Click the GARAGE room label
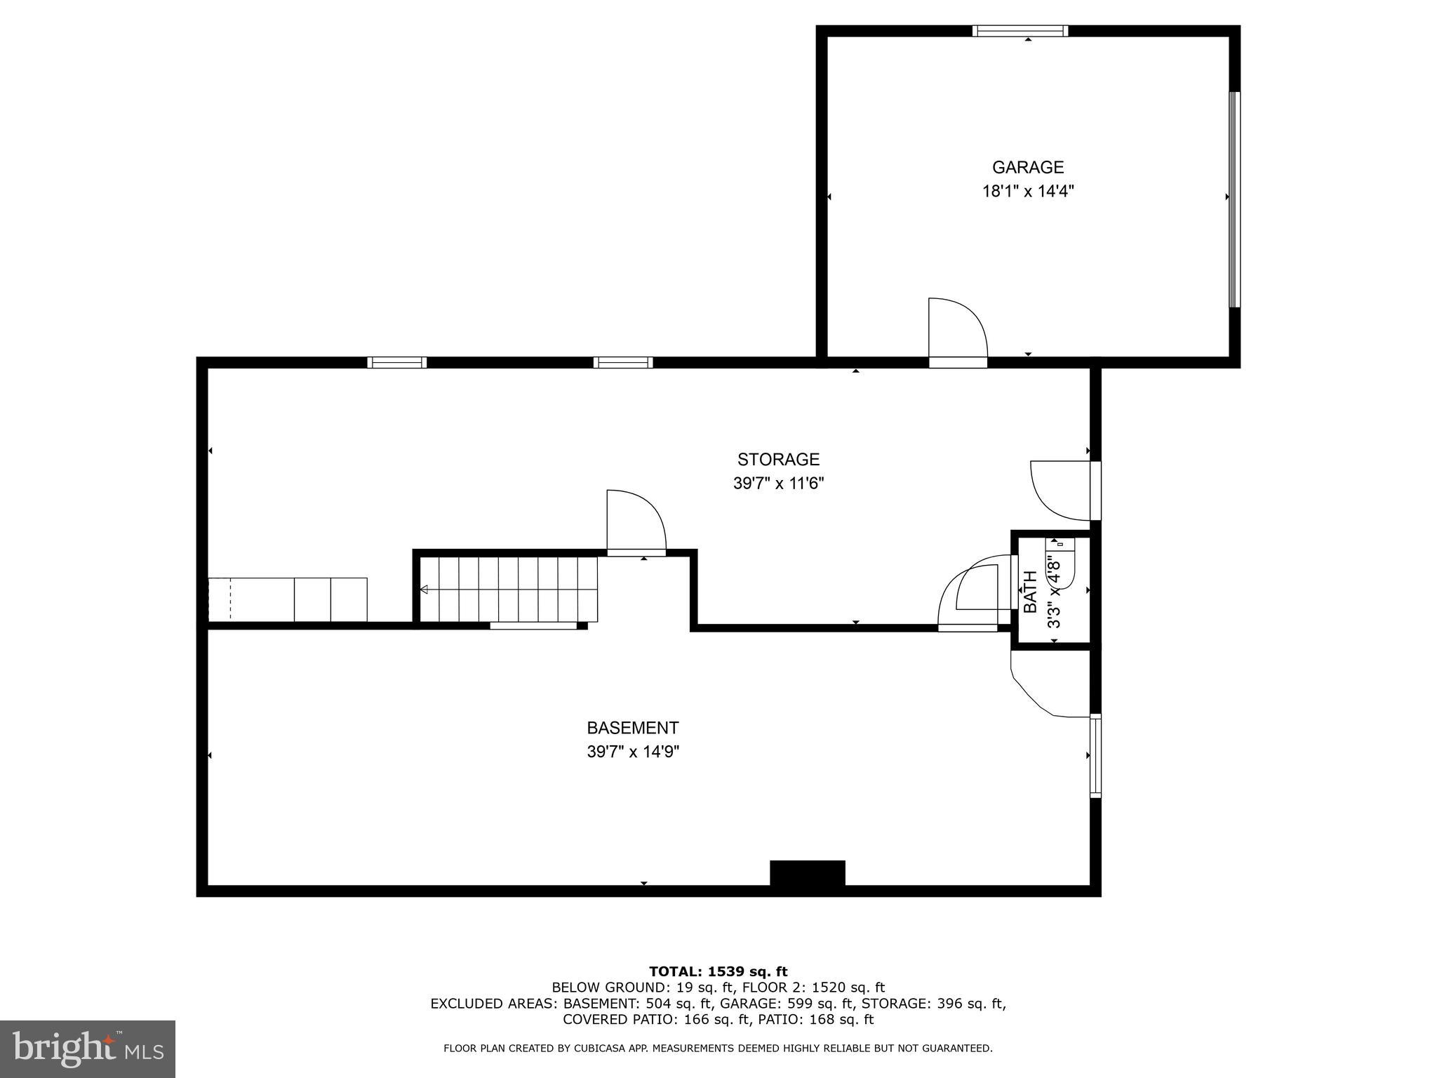tap(1027, 167)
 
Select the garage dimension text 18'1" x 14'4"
tap(1027, 191)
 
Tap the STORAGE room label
tap(778, 459)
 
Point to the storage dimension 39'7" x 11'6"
tap(778, 484)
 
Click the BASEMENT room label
tap(632, 728)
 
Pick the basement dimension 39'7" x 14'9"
tap(632, 752)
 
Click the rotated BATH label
tap(1030, 592)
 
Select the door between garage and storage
tap(958, 330)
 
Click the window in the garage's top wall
tap(1020, 31)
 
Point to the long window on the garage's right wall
tap(1235, 199)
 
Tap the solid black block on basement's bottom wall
tap(807, 874)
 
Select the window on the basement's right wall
tap(1095, 755)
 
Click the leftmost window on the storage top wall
tap(397, 363)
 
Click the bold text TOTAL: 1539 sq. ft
tap(718, 971)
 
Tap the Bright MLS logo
tap(88, 1049)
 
